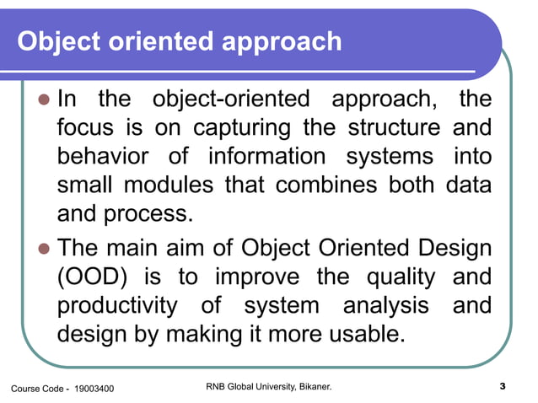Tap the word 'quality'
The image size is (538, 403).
pos(397,277)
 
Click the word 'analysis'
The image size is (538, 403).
pos(388,305)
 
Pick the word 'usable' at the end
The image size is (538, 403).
pos(358,334)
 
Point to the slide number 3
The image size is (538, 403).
pos(503,388)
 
